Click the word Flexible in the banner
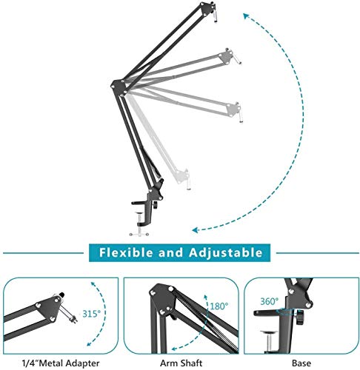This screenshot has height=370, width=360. click(128, 252)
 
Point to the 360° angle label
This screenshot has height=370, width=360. click(268, 301)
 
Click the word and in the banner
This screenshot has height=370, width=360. click(172, 252)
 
